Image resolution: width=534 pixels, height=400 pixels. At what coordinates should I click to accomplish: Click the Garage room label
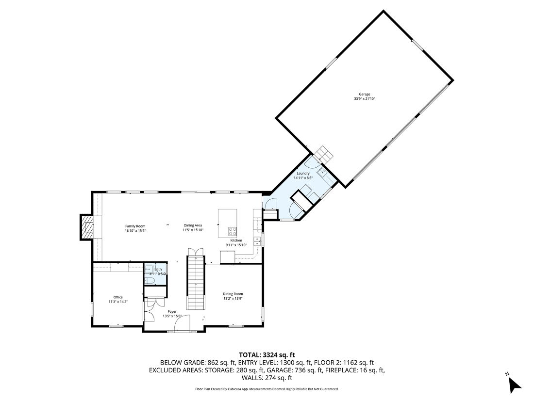(x=365, y=94)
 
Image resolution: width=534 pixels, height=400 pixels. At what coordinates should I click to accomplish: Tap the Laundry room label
(x=303, y=173)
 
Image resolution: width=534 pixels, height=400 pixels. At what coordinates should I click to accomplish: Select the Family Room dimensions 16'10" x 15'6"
(x=135, y=231)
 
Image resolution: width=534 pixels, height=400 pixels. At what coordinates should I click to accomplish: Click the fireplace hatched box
(x=87, y=227)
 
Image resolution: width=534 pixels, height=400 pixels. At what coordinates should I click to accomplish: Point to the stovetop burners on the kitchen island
(x=233, y=231)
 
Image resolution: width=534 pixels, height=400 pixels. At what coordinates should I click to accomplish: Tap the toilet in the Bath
(x=150, y=280)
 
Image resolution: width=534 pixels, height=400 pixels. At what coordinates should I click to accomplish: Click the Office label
(x=118, y=297)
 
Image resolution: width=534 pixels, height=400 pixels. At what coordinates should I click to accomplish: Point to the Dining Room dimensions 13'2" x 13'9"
(x=233, y=299)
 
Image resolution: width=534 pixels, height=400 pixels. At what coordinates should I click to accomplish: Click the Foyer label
(x=172, y=311)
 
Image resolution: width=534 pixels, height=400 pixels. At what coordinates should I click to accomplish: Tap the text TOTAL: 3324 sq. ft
(x=267, y=354)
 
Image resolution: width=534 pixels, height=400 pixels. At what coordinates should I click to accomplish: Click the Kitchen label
(x=236, y=240)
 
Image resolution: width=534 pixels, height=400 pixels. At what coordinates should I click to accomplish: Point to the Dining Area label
(x=192, y=225)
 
